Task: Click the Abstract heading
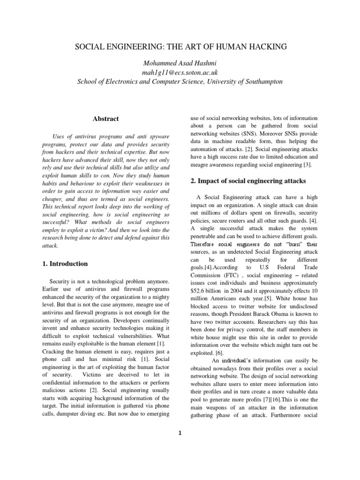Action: tap(105, 119)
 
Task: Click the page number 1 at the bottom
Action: tap(180, 433)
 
